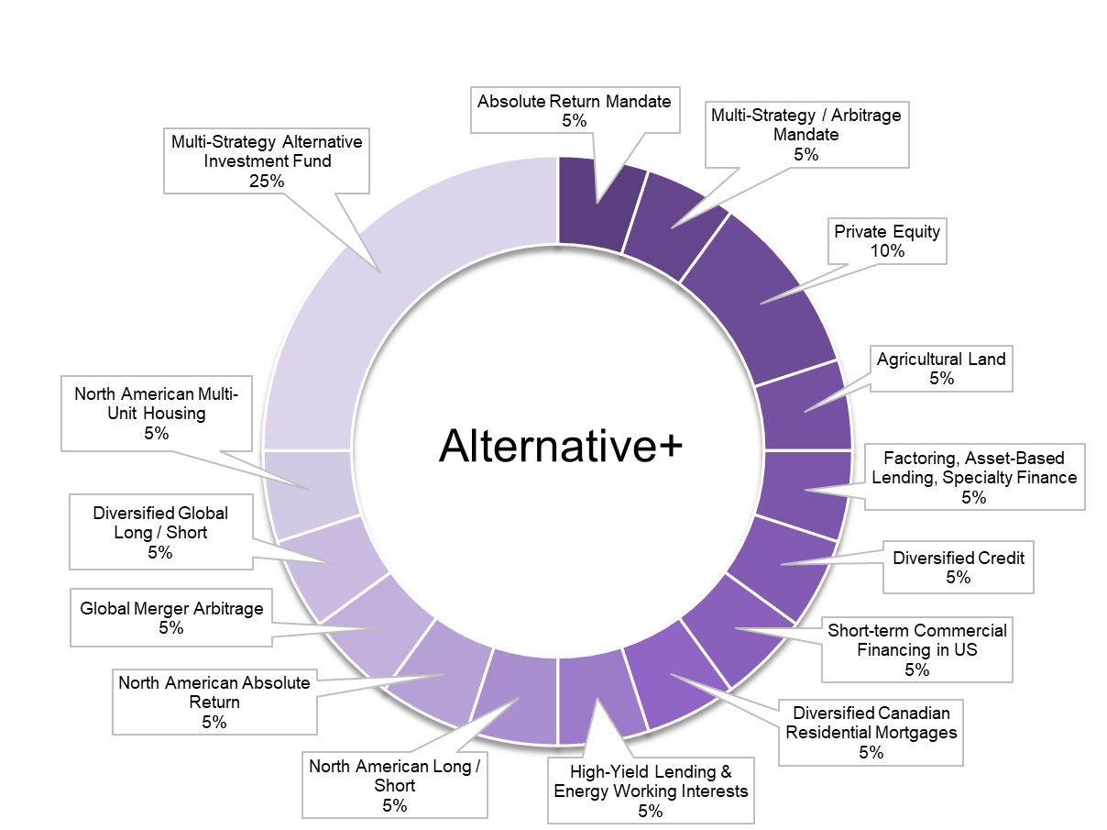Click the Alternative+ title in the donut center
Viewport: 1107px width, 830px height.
560,447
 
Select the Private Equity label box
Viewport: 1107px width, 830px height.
886,240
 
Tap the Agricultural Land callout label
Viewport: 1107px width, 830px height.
940,368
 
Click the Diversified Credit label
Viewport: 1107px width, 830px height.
959,567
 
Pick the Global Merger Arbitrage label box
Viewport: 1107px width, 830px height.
171,617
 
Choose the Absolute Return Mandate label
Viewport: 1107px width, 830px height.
575,110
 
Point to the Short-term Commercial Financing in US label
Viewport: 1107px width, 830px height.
916,649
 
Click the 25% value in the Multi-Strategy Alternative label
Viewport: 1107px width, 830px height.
266,181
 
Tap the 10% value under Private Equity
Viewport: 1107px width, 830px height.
886,250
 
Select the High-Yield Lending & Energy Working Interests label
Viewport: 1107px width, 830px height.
651,791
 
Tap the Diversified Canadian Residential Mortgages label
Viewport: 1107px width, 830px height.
871,732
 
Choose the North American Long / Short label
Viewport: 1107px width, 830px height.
394,785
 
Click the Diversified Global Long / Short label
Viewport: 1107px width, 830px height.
159,532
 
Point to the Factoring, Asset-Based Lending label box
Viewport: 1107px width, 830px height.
974,476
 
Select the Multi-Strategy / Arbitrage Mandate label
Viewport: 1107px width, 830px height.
806,134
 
